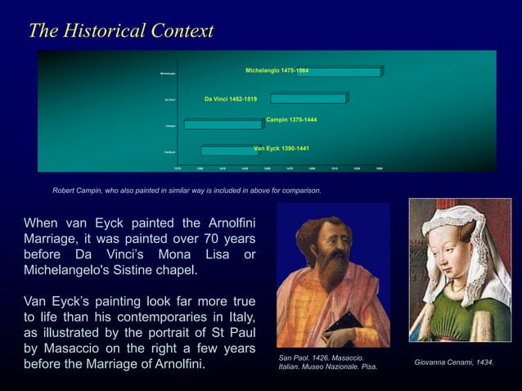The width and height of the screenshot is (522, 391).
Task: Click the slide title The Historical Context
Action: [121, 31]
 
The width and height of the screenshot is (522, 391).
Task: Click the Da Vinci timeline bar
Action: [308, 99]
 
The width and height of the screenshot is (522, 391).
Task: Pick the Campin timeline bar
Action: [223, 125]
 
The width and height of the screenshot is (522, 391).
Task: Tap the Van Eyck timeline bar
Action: [228, 151]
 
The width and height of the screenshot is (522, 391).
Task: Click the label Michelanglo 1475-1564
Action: [277, 71]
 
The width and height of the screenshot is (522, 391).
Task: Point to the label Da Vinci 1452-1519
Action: [231, 99]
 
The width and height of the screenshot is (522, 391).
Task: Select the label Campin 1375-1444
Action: [291, 120]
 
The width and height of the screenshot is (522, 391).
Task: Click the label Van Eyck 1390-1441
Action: [281, 148]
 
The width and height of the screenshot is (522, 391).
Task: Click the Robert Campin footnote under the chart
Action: [187, 190]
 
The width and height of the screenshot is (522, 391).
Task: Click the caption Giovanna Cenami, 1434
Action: [454, 362]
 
